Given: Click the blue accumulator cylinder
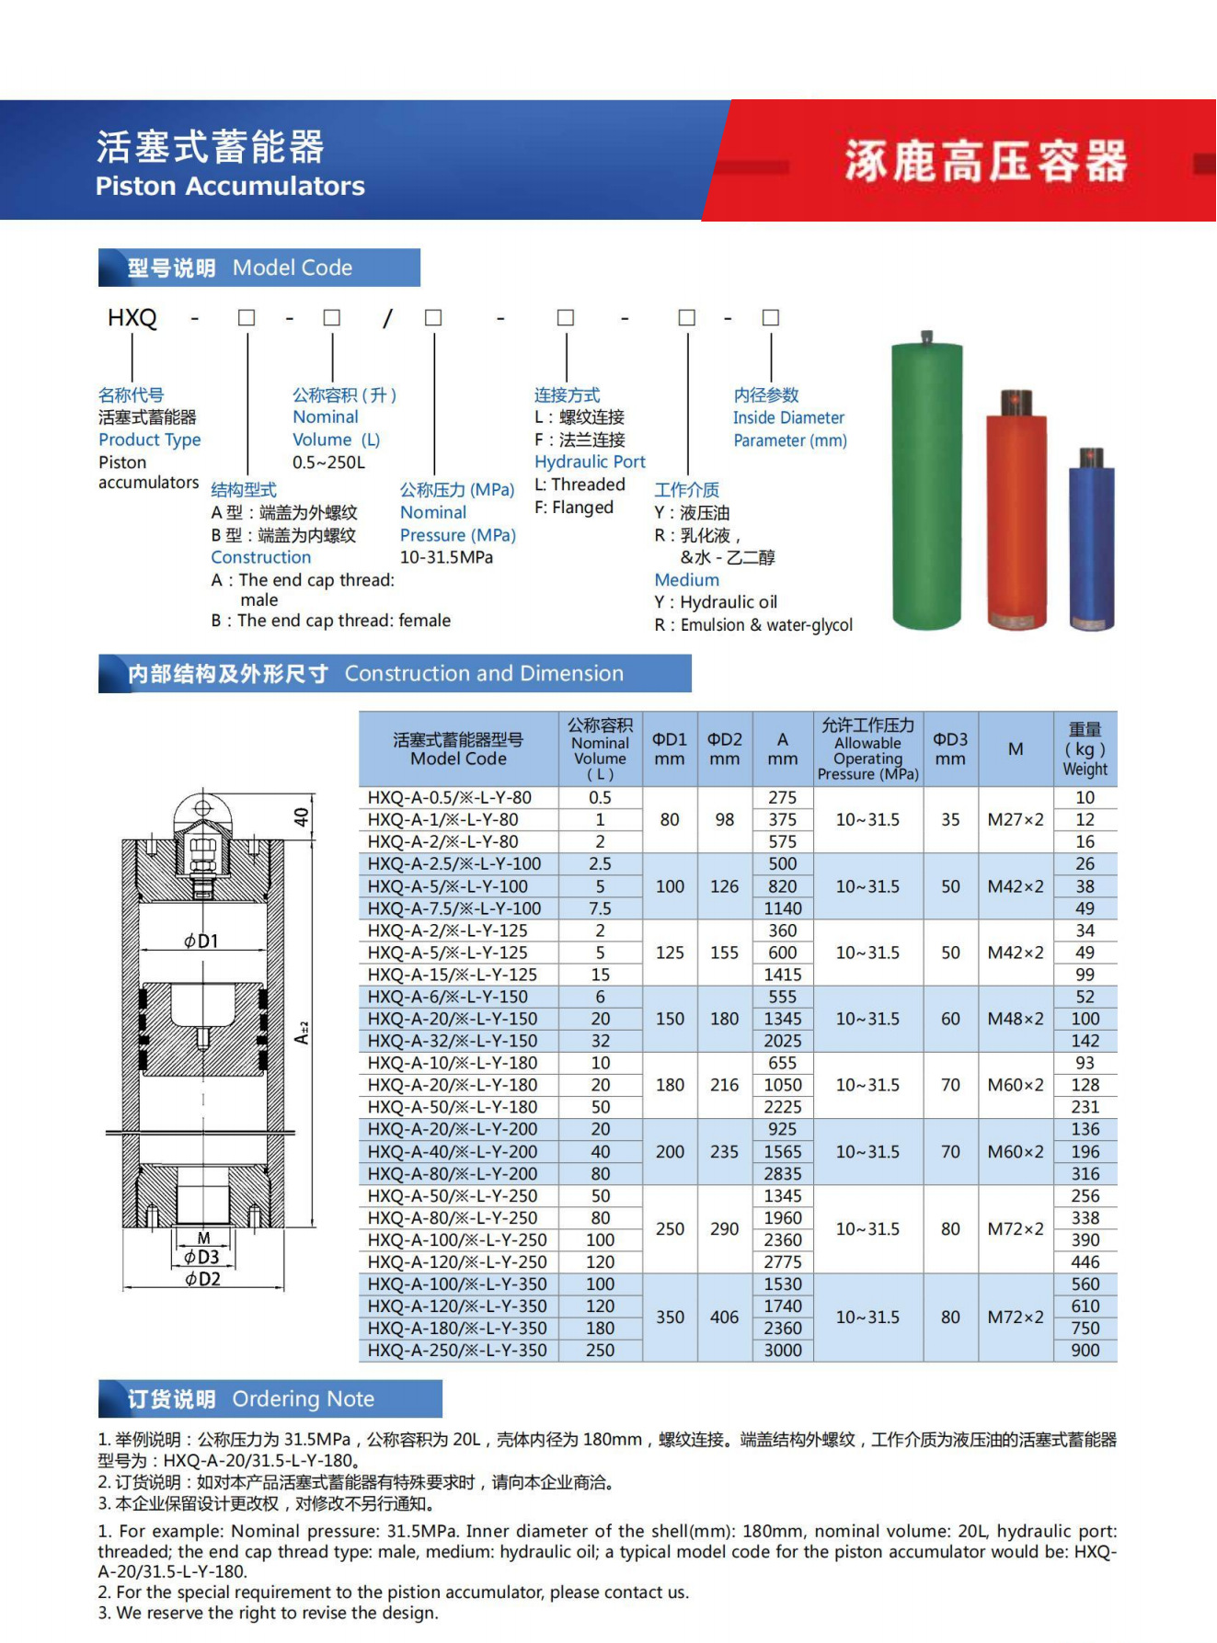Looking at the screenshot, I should (x=1091, y=542).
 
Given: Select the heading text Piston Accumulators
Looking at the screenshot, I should (x=230, y=187).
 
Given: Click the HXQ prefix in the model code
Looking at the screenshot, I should (x=132, y=318).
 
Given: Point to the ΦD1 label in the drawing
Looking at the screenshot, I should (x=201, y=941).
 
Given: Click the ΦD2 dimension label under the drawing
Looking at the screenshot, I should (x=202, y=1279).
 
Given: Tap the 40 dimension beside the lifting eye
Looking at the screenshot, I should (x=302, y=816).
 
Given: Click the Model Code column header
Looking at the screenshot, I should (x=458, y=749).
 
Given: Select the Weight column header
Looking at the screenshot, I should (x=1085, y=749).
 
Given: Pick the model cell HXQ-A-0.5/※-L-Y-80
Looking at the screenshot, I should (x=450, y=798).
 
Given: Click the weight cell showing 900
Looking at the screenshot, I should (x=1085, y=1351).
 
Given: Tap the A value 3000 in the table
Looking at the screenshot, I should (x=783, y=1351).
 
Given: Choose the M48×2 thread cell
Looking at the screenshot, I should (x=1016, y=1019).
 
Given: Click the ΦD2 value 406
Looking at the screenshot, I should (x=724, y=1318).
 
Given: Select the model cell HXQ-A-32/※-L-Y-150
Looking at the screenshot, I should (x=453, y=1041).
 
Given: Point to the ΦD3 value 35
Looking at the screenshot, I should (x=950, y=819).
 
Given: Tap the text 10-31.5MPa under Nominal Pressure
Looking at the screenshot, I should (x=446, y=557).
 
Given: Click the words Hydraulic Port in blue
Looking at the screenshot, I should (x=590, y=462).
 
